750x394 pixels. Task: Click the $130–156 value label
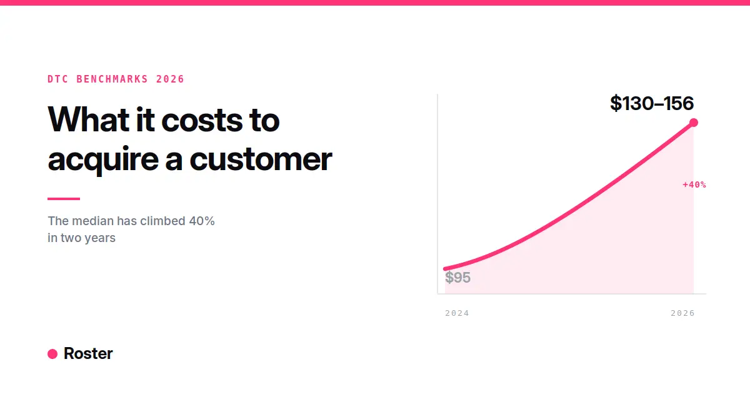click(651, 103)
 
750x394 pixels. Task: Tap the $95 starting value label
click(457, 278)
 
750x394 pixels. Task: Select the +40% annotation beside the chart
click(694, 184)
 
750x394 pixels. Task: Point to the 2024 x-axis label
click(457, 313)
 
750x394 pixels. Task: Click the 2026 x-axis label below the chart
click(682, 313)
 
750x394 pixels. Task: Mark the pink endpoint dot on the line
click(693, 123)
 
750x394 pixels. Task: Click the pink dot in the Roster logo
click(52, 354)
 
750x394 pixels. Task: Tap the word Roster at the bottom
click(88, 353)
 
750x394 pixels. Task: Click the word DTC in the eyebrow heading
click(58, 79)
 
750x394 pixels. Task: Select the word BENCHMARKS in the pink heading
click(112, 79)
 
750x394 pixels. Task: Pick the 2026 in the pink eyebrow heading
click(170, 79)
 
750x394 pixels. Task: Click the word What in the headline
click(88, 119)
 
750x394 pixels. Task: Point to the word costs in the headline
click(202, 121)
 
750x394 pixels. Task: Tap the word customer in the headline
click(261, 159)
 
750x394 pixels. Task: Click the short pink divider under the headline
click(64, 199)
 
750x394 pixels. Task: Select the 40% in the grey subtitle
click(201, 221)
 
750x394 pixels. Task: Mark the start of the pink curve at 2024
click(445, 268)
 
